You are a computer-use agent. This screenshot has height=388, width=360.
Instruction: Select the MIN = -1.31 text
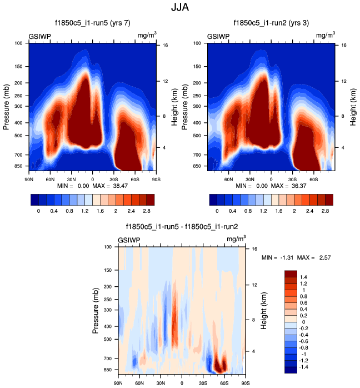[x=276, y=257]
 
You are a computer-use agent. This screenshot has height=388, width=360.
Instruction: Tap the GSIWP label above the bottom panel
[x=129, y=240]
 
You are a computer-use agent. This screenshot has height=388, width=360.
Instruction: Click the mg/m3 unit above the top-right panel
[x=326, y=36]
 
